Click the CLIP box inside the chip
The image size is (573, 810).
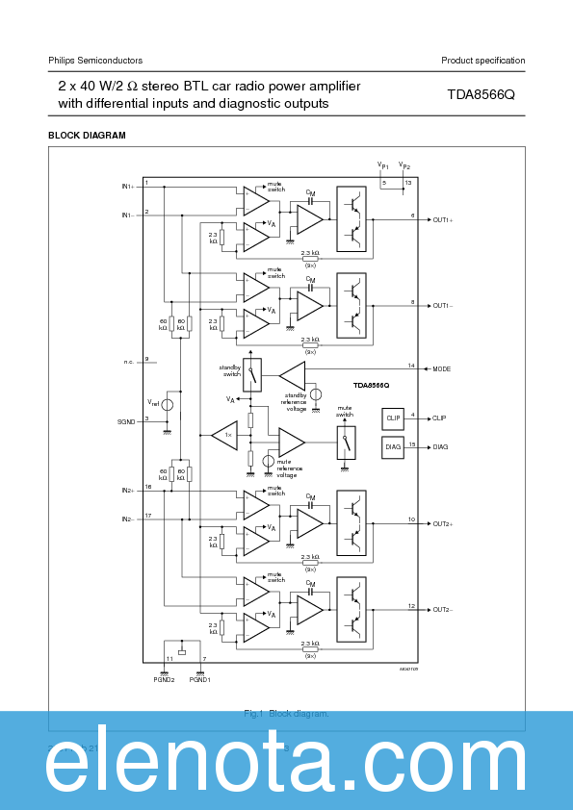click(x=393, y=418)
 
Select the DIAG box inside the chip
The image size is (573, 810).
click(x=393, y=447)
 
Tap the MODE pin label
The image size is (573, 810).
click(x=442, y=368)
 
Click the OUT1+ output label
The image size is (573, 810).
click(x=443, y=219)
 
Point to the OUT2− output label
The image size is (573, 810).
click(x=443, y=609)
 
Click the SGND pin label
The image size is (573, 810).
click(x=126, y=420)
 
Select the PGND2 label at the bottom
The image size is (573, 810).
click(x=163, y=679)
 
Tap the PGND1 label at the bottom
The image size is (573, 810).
click(x=199, y=679)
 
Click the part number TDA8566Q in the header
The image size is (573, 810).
click(x=481, y=95)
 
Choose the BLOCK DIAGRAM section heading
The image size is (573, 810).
click(x=87, y=136)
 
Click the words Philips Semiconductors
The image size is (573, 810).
click(x=95, y=61)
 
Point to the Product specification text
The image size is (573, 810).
click(x=482, y=61)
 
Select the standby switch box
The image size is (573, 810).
click(x=252, y=374)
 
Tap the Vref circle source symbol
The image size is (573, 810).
click(x=168, y=404)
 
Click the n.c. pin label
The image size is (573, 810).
click(x=129, y=362)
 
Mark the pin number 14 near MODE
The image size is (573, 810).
click(x=411, y=366)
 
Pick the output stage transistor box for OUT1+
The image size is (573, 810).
click(x=352, y=218)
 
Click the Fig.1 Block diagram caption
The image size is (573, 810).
click(x=286, y=713)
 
